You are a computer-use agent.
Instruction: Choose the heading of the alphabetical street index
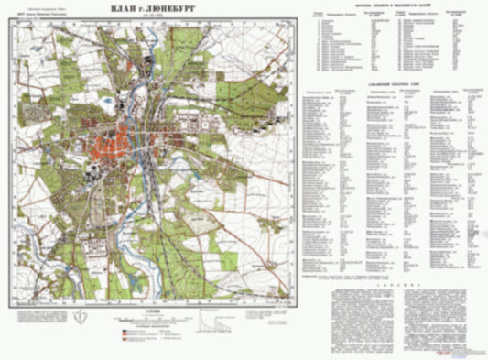click(x=393, y=82)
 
